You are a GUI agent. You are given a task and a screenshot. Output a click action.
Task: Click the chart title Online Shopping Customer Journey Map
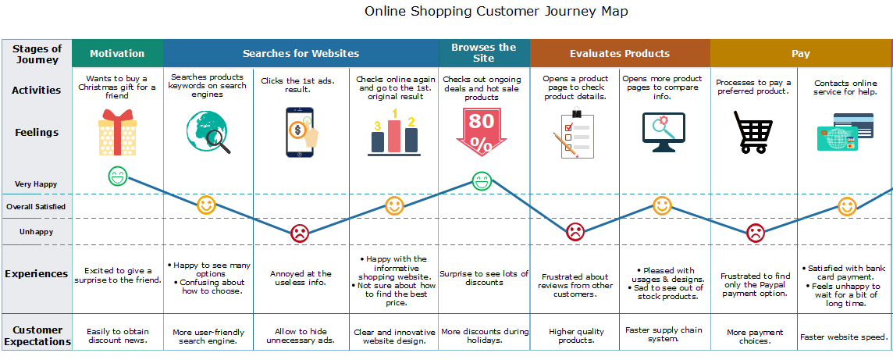(x=496, y=12)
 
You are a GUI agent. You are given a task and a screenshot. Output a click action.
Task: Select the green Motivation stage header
(x=117, y=54)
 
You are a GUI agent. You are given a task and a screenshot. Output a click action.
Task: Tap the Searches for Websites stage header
(x=301, y=54)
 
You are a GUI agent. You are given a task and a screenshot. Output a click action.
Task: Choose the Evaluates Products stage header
(x=619, y=54)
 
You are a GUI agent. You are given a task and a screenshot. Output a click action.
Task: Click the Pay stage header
(x=800, y=54)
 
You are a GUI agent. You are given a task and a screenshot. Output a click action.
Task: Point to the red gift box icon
(x=117, y=132)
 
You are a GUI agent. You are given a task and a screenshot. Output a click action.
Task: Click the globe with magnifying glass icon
(x=208, y=131)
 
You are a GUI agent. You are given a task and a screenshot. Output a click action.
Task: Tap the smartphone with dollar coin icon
(x=301, y=132)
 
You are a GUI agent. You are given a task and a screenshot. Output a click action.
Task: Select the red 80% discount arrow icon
(x=482, y=132)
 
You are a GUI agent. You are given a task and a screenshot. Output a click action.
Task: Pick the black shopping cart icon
(x=753, y=131)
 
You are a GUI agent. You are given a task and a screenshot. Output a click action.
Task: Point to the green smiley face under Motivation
(x=117, y=176)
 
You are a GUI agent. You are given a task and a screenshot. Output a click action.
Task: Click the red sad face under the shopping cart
(x=755, y=233)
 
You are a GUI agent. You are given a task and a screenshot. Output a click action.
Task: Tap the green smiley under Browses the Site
(x=482, y=181)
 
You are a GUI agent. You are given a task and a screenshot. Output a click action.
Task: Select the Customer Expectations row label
(x=37, y=336)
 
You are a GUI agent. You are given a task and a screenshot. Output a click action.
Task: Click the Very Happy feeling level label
(x=36, y=184)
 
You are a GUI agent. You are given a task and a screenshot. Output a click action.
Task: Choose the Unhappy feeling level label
(x=36, y=232)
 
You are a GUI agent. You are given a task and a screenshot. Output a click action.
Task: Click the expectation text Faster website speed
(x=844, y=337)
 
